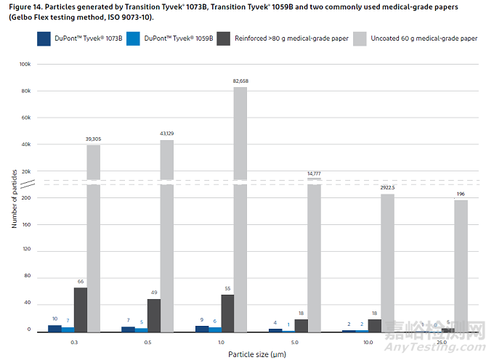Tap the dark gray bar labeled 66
pos(80,310)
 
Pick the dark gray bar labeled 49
pos(154,316)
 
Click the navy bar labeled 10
pos(54,328)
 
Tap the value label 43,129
pos(167,133)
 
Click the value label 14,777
pos(314,173)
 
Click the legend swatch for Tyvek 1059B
pos(131,38)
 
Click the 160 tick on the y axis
pos(26,224)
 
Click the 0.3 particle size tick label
pos(73,342)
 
